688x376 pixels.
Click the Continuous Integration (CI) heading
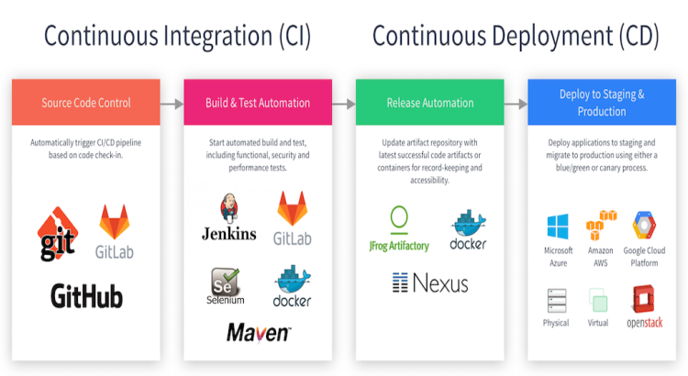pyautogui.click(x=177, y=37)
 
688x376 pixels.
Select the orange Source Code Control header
pyautogui.click(x=86, y=103)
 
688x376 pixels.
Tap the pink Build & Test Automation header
pyautogui.click(x=258, y=103)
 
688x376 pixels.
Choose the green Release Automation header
pyautogui.click(x=429, y=103)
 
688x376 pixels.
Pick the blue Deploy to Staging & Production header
pyautogui.click(x=601, y=103)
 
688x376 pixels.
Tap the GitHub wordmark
pyautogui.click(x=86, y=296)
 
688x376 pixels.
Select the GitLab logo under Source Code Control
pyautogui.click(x=115, y=229)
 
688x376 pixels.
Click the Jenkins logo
pyautogui.click(x=228, y=217)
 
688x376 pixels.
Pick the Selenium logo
pyautogui.click(x=226, y=286)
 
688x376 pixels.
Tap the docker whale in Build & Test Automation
pyautogui.click(x=292, y=286)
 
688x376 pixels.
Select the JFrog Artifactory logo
pyautogui.click(x=399, y=229)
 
